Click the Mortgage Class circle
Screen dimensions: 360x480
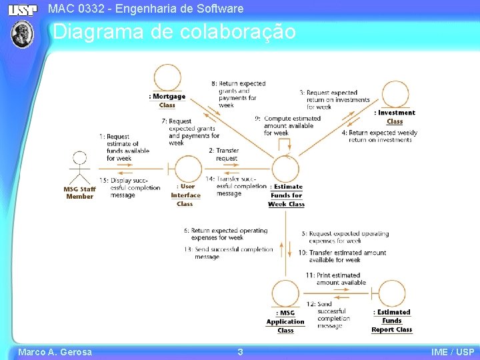[x=167, y=79]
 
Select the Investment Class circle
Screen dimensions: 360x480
[x=395, y=95]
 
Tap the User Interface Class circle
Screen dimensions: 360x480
[x=188, y=169]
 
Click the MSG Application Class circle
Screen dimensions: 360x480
[x=285, y=294]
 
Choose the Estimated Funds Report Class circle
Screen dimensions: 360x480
[x=393, y=294]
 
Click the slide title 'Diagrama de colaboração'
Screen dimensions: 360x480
[x=174, y=32]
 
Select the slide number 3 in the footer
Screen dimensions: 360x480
[x=240, y=352]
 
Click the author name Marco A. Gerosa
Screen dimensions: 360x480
[x=55, y=352]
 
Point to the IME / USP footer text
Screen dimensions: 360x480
[x=453, y=352]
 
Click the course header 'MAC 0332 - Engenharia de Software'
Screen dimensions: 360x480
[x=146, y=9]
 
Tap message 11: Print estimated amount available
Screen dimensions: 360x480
[x=337, y=279]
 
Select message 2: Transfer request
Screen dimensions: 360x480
[x=224, y=155]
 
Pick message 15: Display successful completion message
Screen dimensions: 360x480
[x=130, y=187]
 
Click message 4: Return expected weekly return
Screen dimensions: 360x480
[x=380, y=136]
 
